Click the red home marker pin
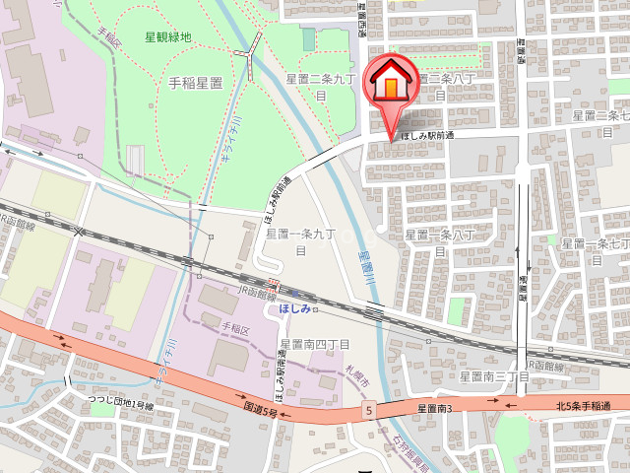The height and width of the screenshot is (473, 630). point(390,85)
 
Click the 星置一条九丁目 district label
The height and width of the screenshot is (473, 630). point(301,241)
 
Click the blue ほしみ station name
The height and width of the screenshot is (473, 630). point(294,308)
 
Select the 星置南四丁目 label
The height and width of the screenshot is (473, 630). point(314,344)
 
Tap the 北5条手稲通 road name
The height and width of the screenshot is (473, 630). point(591,406)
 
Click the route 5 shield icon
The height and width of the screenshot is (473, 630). point(367,408)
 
